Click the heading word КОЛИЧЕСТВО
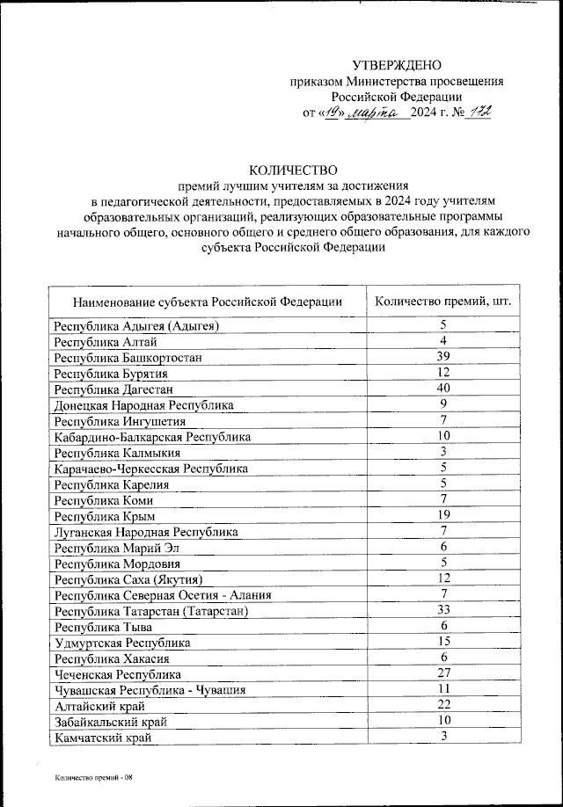point(293,170)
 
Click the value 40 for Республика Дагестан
point(444,388)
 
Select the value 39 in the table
point(444,356)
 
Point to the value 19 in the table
point(444,514)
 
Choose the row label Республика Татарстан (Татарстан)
point(150,611)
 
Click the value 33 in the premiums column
point(444,609)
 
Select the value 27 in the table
point(444,672)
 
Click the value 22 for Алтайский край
point(444,704)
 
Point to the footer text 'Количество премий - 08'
point(91,778)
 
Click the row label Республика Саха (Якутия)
point(128,579)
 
